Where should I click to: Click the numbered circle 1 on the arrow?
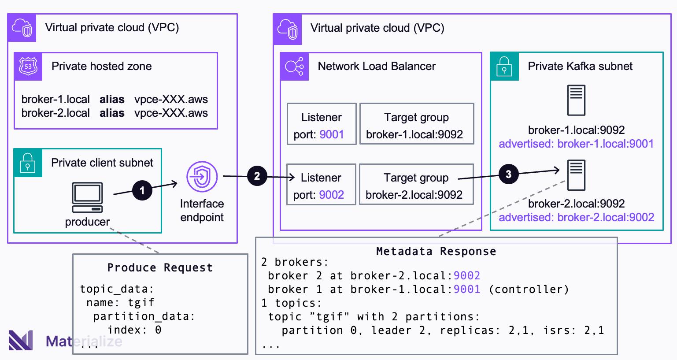pyautogui.click(x=142, y=190)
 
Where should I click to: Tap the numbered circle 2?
pyautogui.click(x=257, y=177)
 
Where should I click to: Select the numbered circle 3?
pyautogui.click(x=508, y=174)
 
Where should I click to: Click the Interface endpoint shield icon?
pyautogui.click(x=202, y=177)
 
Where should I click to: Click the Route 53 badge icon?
pyautogui.click(x=28, y=67)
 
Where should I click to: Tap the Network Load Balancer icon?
pyautogui.click(x=294, y=67)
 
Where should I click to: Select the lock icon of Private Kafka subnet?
pyautogui.click(x=504, y=67)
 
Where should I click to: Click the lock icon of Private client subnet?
pyautogui.click(x=28, y=163)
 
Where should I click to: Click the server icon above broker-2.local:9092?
pyautogui.click(x=576, y=175)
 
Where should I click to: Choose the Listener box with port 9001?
pyautogui.click(x=321, y=124)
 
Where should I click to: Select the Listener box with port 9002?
pyautogui.click(x=321, y=184)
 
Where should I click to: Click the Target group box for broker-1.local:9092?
pyautogui.click(x=416, y=124)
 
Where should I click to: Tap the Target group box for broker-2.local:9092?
pyautogui.click(x=416, y=184)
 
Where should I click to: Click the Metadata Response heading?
pyautogui.click(x=436, y=251)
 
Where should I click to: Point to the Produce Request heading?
pyautogui.click(x=160, y=267)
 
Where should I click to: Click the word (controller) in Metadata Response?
pyautogui.click(x=529, y=289)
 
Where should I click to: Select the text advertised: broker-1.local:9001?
pyautogui.click(x=576, y=144)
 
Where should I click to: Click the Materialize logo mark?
pyautogui.click(x=21, y=340)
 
